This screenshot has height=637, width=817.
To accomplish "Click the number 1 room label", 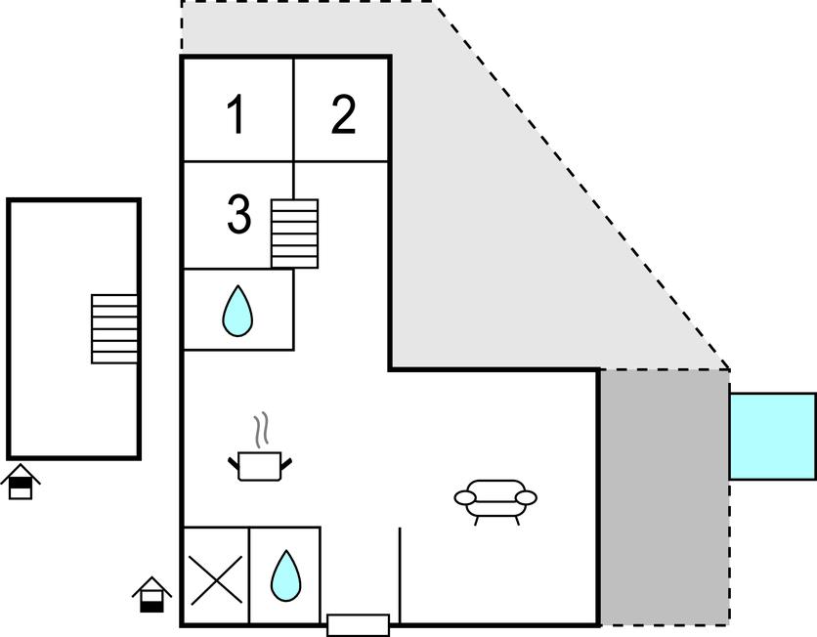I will (235, 115).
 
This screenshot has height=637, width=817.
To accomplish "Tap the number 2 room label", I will (343, 115).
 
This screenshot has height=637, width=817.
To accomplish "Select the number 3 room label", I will (238, 215).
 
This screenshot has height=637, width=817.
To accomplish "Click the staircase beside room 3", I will (294, 234).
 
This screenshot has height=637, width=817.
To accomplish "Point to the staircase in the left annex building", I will (114, 328).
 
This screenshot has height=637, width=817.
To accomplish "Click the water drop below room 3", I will (237, 312).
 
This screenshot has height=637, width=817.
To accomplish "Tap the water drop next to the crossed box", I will (285, 575).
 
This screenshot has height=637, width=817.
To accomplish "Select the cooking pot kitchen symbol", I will (259, 465).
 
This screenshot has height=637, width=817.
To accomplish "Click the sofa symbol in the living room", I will (495, 498).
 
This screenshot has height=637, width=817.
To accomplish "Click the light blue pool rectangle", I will (772, 436).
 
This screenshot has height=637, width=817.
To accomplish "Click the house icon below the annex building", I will (21, 482).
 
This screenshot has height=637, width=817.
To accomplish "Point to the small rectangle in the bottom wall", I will (358, 624).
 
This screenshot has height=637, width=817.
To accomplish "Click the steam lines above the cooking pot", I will (260, 430).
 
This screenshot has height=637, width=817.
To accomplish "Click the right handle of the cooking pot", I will (287, 461).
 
